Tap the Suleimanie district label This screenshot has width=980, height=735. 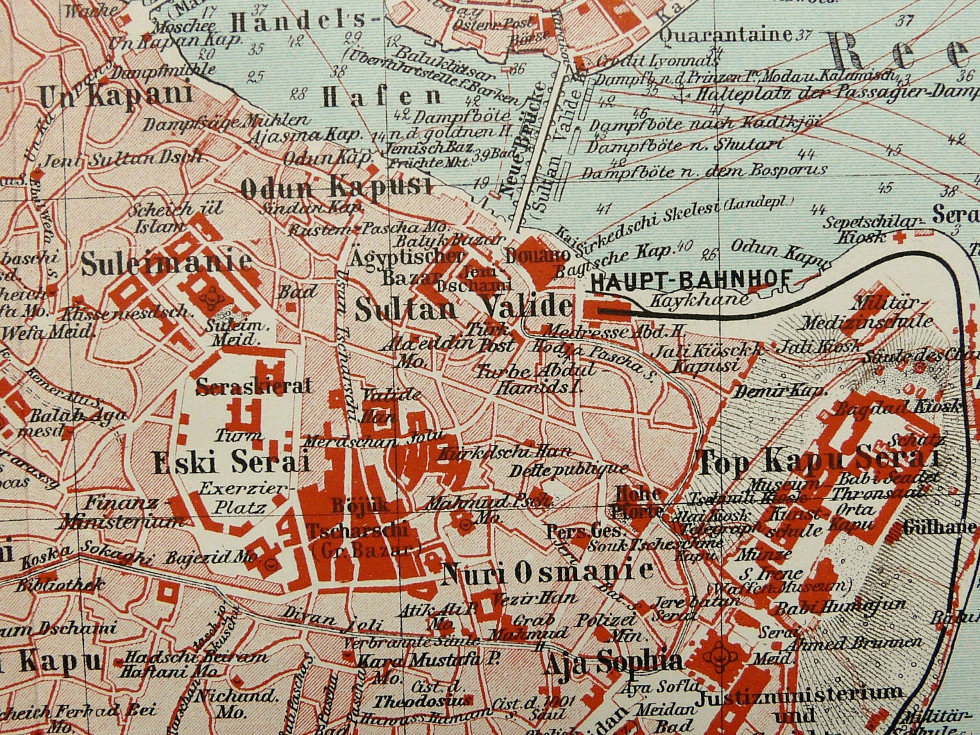click(x=166, y=263)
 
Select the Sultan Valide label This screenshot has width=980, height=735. click(x=463, y=308)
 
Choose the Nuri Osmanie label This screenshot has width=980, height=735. click(x=547, y=573)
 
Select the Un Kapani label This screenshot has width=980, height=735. click(x=116, y=95)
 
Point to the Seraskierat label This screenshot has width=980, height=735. click(x=253, y=386)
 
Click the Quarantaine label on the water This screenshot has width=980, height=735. click(x=725, y=34)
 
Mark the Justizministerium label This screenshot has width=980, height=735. click(x=800, y=694)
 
